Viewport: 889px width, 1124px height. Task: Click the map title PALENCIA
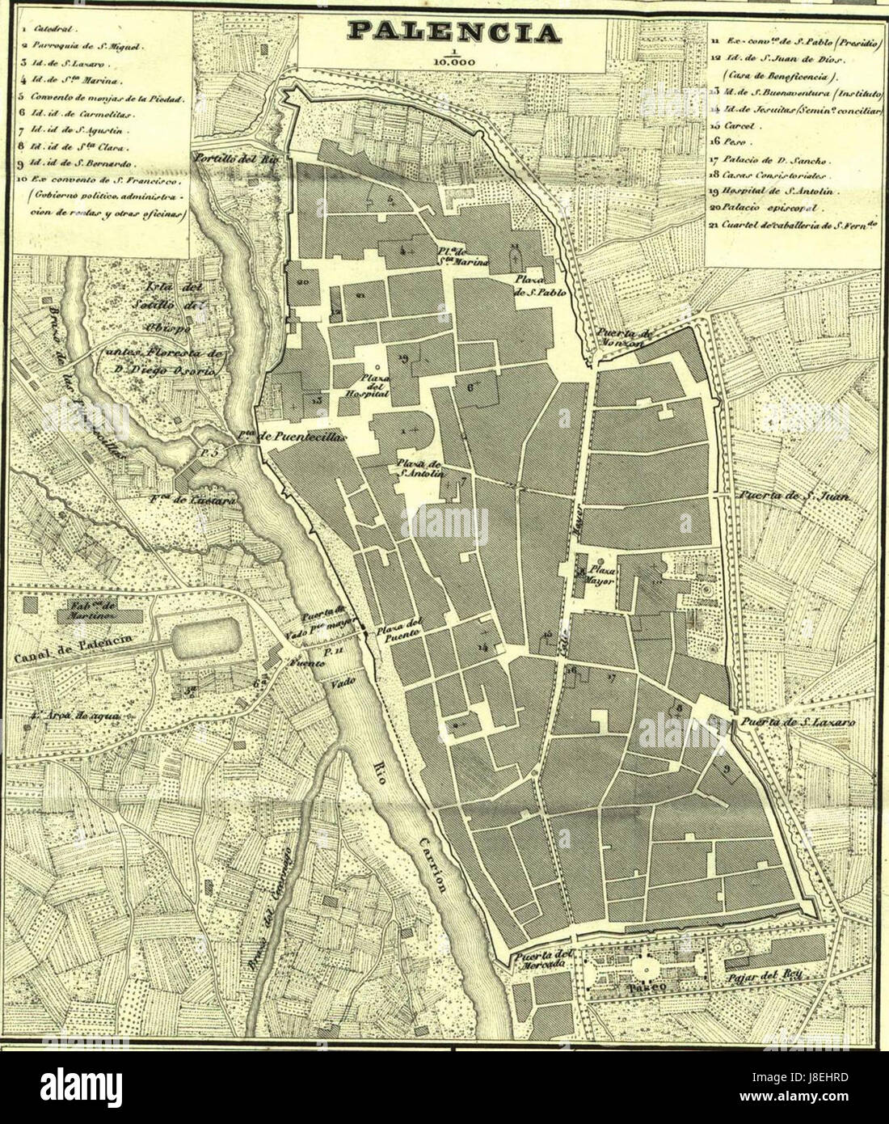[453, 32]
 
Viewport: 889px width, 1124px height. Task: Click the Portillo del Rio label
[235, 158]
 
